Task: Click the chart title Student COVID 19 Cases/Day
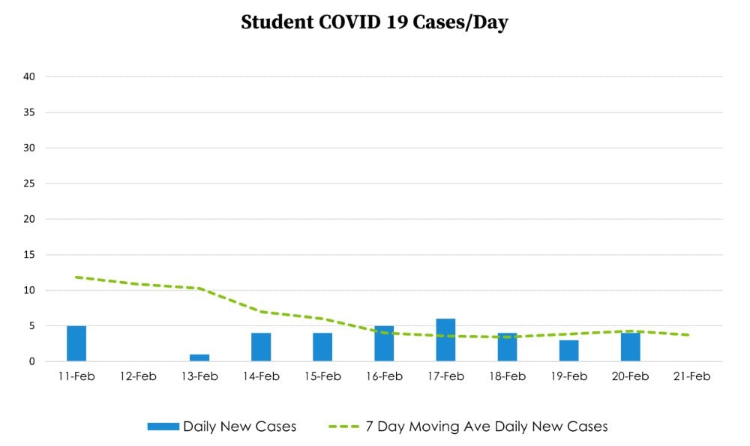point(374,22)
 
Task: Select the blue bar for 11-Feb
point(76,343)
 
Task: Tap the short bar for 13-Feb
point(199,358)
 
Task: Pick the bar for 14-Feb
point(261,347)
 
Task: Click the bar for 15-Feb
point(322,347)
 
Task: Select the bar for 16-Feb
point(384,343)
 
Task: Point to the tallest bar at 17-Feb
point(445,340)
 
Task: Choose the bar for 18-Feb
point(507,347)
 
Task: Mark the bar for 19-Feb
point(568,351)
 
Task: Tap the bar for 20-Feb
point(630,347)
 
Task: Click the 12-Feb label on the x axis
point(138,376)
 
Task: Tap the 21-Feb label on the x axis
point(691,376)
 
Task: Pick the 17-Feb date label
point(445,376)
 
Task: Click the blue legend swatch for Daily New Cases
point(163,427)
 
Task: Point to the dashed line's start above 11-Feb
point(76,277)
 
